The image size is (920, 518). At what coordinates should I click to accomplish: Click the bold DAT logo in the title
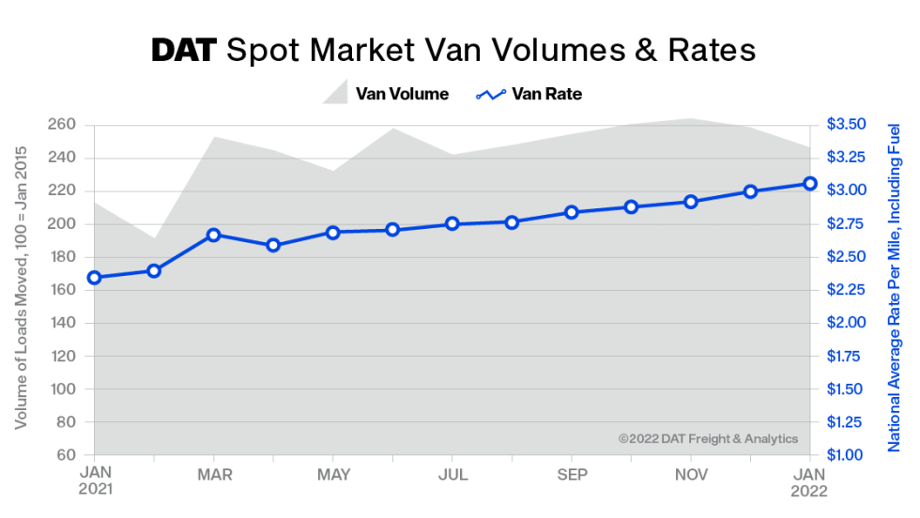tap(184, 50)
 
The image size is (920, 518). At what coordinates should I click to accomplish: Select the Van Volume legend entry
tap(387, 94)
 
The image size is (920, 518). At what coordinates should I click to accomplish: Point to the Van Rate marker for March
tap(213, 235)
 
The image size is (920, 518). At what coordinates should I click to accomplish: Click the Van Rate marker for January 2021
tap(94, 278)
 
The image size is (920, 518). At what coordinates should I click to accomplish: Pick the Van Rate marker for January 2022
tap(810, 184)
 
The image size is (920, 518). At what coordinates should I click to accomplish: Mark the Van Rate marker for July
tap(452, 224)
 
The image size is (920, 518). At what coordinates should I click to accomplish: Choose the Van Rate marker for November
tap(691, 202)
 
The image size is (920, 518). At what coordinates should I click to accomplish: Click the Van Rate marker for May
tap(332, 232)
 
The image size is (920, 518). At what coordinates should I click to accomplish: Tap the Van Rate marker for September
tap(572, 212)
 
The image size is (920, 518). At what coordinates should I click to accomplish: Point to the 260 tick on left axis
tap(64, 125)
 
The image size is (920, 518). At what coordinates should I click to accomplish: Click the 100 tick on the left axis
tap(64, 388)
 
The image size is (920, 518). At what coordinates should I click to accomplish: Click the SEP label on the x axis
tap(572, 474)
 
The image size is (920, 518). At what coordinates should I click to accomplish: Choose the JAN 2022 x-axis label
tap(810, 481)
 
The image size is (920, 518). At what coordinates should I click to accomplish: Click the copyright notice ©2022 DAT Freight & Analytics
tap(708, 438)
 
